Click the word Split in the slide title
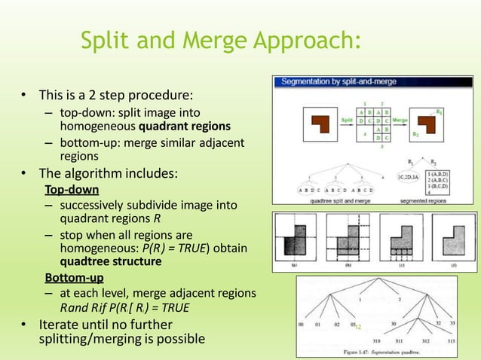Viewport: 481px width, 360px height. [x=105, y=40]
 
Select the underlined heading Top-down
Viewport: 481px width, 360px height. [x=72, y=189]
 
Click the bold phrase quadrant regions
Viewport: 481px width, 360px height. [x=179, y=126]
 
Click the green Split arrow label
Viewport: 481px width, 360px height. [x=346, y=119]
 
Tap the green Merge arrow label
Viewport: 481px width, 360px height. [x=401, y=119]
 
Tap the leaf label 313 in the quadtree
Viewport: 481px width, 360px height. [x=450, y=340]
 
